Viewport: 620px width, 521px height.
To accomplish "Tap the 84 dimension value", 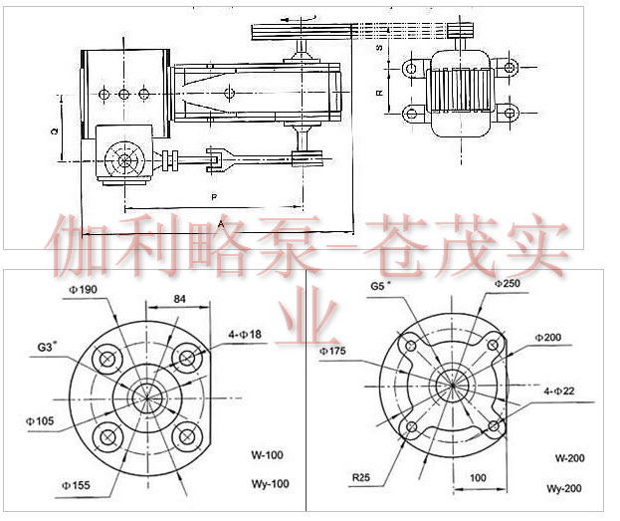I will click(x=180, y=298).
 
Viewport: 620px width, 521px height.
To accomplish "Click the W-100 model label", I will click(x=267, y=455).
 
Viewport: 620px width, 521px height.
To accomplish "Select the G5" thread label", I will click(x=380, y=285).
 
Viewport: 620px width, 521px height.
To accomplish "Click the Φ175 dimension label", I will click(x=333, y=352).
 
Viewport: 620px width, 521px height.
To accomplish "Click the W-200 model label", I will click(x=571, y=458).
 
